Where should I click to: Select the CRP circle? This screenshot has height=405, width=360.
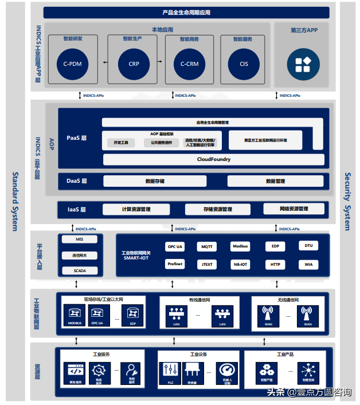pyautogui.click(x=133, y=64)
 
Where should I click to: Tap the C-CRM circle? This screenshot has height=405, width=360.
pyautogui.click(x=189, y=64)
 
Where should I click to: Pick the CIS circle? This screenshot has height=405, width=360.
pyautogui.click(x=244, y=64)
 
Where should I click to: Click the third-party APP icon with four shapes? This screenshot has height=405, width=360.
pyautogui.click(x=303, y=64)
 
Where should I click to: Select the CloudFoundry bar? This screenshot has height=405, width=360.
pyautogui.click(x=213, y=159)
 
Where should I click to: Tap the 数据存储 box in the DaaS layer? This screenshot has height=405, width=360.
pyautogui.click(x=155, y=181)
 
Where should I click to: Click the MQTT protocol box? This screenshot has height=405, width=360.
pyautogui.click(x=207, y=247)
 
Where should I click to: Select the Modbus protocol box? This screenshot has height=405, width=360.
pyautogui.click(x=241, y=246)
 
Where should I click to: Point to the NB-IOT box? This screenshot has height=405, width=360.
pyautogui.click(x=241, y=264)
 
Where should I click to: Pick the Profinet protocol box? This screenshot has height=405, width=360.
pyautogui.click(x=175, y=264)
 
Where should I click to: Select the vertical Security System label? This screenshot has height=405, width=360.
pyautogui.click(x=347, y=202)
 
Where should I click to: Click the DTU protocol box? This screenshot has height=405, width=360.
pyautogui.click(x=308, y=246)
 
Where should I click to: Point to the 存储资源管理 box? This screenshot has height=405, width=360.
pyautogui.click(x=218, y=210)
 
